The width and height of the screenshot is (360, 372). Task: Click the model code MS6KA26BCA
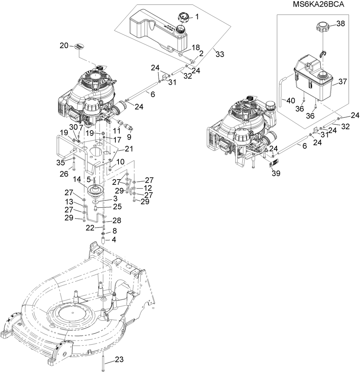(x=318, y=4)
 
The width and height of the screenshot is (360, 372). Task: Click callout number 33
(x=220, y=54)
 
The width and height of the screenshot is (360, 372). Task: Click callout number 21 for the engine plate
(x=129, y=149)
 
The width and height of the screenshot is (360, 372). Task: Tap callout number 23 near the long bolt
(x=120, y=360)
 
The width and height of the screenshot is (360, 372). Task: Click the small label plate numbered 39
(x=273, y=164)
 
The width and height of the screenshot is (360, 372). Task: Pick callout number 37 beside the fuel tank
(x=343, y=82)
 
